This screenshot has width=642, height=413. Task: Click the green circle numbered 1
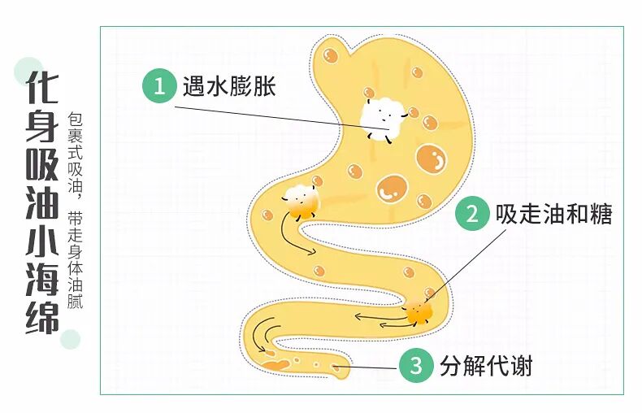click(159, 86)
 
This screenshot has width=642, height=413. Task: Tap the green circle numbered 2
click(471, 215)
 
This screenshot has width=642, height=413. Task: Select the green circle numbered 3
click(415, 367)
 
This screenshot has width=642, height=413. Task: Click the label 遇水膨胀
click(230, 86)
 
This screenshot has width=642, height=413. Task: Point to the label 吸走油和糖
click(553, 215)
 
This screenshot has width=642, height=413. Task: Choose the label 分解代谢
click(486, 367)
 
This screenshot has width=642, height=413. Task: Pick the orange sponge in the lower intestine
click(419, 311)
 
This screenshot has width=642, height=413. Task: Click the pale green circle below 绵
click(72, 339)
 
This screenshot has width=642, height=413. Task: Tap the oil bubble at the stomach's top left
click(330, 55)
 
